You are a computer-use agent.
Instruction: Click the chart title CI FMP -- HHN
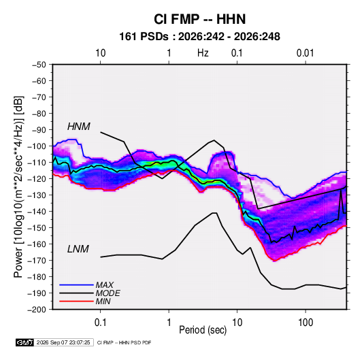click(199, 19)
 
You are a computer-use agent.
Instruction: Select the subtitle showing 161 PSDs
click(199, 37)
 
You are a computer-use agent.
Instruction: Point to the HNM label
click(79, 127)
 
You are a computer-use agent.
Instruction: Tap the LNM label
click(78, 249)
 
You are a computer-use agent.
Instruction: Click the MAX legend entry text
click(105, 285)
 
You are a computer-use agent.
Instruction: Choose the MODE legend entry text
click(107, 293)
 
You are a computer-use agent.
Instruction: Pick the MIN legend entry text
click(103, 301)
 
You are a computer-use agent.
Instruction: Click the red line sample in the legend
click(76, 301)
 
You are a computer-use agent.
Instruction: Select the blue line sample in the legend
click(76, 284)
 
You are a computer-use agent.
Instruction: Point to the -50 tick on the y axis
click(39, 65)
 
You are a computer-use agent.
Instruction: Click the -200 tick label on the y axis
click(37, 310)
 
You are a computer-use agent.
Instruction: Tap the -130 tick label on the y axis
click(37, 195)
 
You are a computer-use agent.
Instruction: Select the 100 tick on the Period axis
click(305, 323)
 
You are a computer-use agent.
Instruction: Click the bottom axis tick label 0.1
click(100, 323)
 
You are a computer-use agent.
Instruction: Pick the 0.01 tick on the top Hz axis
click(305, 53)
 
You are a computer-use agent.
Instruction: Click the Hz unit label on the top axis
click(203, 53)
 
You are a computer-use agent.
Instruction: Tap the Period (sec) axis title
click(203, 330)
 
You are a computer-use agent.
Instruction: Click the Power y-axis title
click(18, 187)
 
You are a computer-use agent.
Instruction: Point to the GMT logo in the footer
click(25, 342)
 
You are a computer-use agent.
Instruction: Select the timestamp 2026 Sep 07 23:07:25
click(63, 342)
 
